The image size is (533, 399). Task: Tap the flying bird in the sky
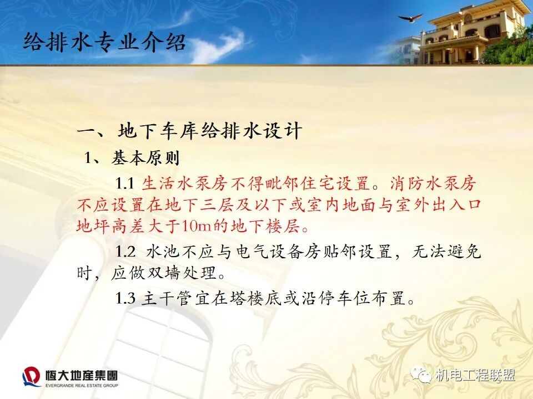tap(410, 19)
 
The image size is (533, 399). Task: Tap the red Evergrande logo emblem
tap(31, 377)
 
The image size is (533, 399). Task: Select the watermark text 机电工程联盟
tap(475, 375)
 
